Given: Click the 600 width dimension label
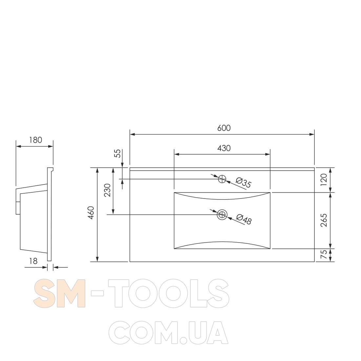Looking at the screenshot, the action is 224,128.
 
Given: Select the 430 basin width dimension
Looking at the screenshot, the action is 224,148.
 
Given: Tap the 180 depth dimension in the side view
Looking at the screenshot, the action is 36,140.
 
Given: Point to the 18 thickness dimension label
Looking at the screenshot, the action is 33,261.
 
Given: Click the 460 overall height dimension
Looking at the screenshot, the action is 91,213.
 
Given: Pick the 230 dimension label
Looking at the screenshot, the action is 108,190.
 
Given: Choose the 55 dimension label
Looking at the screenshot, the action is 117,153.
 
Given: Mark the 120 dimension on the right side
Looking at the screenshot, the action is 324,180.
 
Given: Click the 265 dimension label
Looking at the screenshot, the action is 324,220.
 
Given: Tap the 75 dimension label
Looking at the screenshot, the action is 324,255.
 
